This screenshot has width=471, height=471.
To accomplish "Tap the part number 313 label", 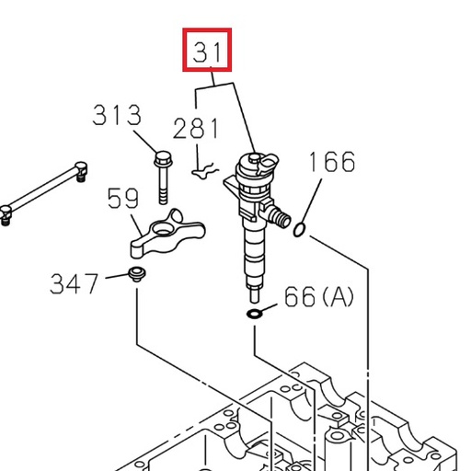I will [x=117, y=116].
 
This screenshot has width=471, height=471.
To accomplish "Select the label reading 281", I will [x=196, y=128].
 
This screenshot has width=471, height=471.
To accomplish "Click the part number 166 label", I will [x=330, y=162].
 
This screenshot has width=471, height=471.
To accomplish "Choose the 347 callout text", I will [x=74, y=281].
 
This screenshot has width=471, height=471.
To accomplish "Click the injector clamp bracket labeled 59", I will [x=162, y=234].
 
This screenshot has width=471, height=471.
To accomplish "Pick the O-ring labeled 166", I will [x=301, y=228].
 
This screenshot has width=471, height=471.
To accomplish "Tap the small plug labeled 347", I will [x=136, y=273].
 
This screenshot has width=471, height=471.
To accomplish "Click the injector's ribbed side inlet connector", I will [x=276, y=218].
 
